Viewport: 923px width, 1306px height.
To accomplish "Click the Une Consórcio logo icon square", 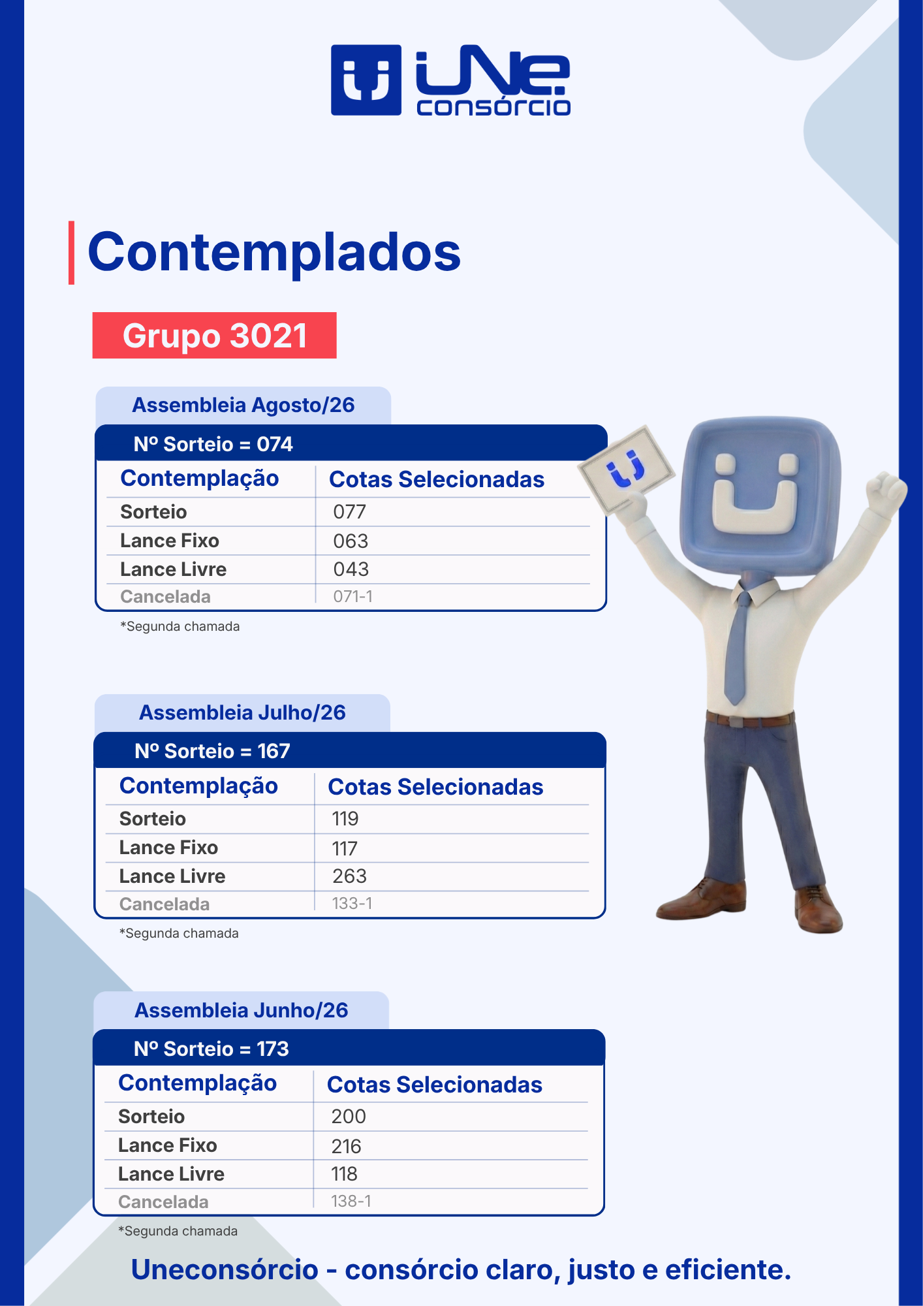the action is tap(366, 80).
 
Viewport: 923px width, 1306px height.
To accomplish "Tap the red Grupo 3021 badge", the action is tap(214, 335).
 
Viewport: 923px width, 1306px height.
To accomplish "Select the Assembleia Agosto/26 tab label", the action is tap(243, 405).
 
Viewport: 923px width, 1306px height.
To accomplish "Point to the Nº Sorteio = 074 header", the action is tap(213, 444).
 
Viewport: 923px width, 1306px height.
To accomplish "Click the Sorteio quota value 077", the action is tap(349, 512).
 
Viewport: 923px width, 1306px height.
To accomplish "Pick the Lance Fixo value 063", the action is tap(351, 541).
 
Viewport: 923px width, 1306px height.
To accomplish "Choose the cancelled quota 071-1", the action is tap(353, 596).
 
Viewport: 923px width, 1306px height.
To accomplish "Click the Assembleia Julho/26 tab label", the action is tap(242, 712).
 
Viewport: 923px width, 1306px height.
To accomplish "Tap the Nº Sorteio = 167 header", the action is tap(212, 751).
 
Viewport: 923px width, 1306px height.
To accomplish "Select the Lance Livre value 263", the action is tap(349, 876).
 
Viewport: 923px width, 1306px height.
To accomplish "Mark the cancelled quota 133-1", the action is tap(352, 903).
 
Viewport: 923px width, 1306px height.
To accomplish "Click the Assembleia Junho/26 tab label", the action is tap(242, 1010).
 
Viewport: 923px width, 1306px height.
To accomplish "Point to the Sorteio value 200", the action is tap(349, 1117).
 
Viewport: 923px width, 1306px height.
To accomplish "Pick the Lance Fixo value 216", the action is tap(346, 1146).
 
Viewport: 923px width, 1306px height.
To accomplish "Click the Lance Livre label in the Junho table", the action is tap(171, 1174).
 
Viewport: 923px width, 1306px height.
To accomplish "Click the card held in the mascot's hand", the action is tap(627, 468).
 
